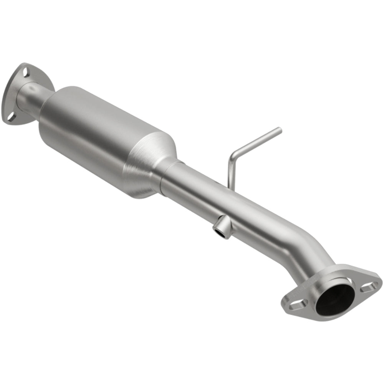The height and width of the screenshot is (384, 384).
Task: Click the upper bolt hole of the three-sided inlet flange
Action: [26, 71]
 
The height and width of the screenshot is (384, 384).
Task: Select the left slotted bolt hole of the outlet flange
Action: [298, 305]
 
